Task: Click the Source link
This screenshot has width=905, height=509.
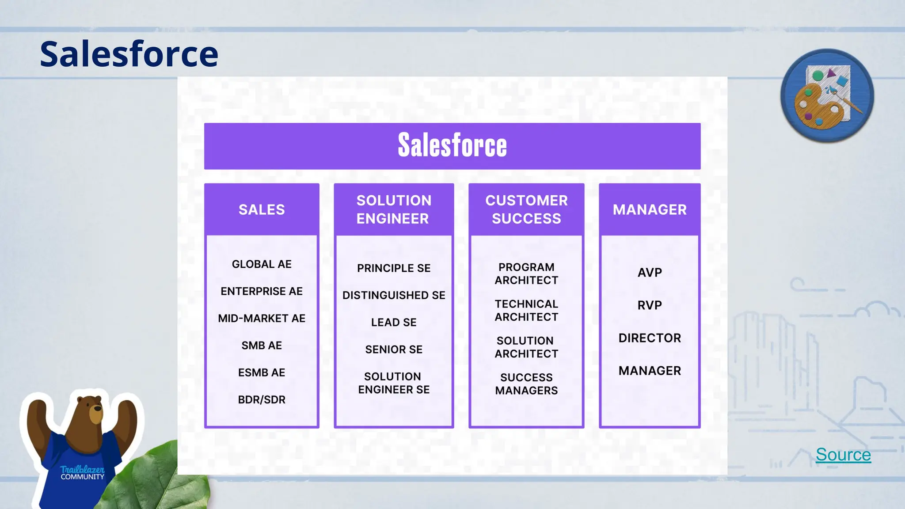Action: tap(843, 455)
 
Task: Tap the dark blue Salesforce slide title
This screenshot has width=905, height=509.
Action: tap(129, 54)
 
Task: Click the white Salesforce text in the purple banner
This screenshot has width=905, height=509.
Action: tap(452, 145)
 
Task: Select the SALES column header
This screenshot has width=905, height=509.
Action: tap(262, 209)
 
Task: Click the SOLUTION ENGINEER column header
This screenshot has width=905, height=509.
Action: tap(394, 209)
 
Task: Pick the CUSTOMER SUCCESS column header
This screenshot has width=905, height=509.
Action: tap(526, 209)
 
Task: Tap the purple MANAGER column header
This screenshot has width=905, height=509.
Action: tap(650, 209)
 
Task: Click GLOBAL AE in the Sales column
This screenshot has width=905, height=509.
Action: tap(262, 264)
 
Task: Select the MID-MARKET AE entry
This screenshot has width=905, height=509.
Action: tap(262, 319)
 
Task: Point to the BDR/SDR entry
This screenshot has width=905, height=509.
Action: tap(262, 400)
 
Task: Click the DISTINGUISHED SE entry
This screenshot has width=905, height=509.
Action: tap(394, 295)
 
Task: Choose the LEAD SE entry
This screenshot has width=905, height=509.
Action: tap(394, 323)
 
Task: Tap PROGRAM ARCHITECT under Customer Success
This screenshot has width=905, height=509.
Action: tap(526, 274)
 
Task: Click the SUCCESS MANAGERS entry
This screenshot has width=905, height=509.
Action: tap(526, 384)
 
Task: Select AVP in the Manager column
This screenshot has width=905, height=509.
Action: tap(650, 273)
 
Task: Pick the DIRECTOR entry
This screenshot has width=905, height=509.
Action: tap(650, 338)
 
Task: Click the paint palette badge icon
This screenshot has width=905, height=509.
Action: tap(827, 96)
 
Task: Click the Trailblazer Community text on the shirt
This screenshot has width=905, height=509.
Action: tap(82, 473)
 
